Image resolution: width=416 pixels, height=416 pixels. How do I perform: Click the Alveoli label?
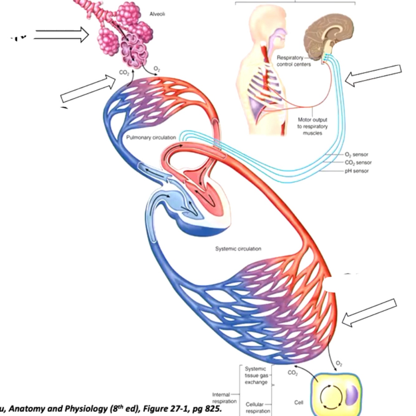tap(157, 14)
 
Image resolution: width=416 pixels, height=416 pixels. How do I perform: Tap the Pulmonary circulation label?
tap(151, 138)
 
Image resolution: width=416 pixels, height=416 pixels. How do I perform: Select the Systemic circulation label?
tap(238, 249)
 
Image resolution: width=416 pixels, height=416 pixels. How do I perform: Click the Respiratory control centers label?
tap(293, 61)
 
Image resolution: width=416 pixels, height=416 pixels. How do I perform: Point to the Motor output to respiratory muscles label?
tap(312, 126)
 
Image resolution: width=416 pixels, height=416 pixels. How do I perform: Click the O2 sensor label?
tap(356, 154)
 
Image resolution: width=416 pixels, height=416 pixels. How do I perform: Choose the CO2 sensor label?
tap(358, 162)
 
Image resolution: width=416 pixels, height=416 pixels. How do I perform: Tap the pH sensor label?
tap(356, 171)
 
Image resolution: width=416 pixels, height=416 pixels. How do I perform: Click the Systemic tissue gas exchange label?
tap(256, 375)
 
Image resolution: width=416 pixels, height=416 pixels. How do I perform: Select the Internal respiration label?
tap(224, 398)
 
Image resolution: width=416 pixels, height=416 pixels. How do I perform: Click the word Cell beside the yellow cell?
tap(299, 403)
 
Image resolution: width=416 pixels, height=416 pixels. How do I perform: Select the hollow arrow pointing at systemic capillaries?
tap(369, 312)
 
